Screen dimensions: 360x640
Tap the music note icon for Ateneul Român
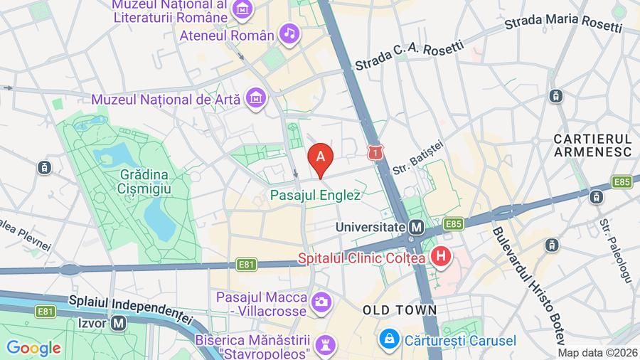click(289, 33)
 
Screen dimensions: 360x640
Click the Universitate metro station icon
click(417, 227)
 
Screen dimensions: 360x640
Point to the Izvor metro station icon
click(119, 322)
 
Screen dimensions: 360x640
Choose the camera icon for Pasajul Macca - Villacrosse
click(321, 302)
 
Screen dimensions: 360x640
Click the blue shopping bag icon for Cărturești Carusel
click(388, 340)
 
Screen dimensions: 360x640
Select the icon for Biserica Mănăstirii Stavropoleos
click(325, 344)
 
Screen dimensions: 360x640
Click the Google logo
click(33, 348)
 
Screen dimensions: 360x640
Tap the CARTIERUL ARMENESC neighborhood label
click(592, 144)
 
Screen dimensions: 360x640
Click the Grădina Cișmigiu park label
click(144, 181)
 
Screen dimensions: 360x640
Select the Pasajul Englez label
click(315, 194)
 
